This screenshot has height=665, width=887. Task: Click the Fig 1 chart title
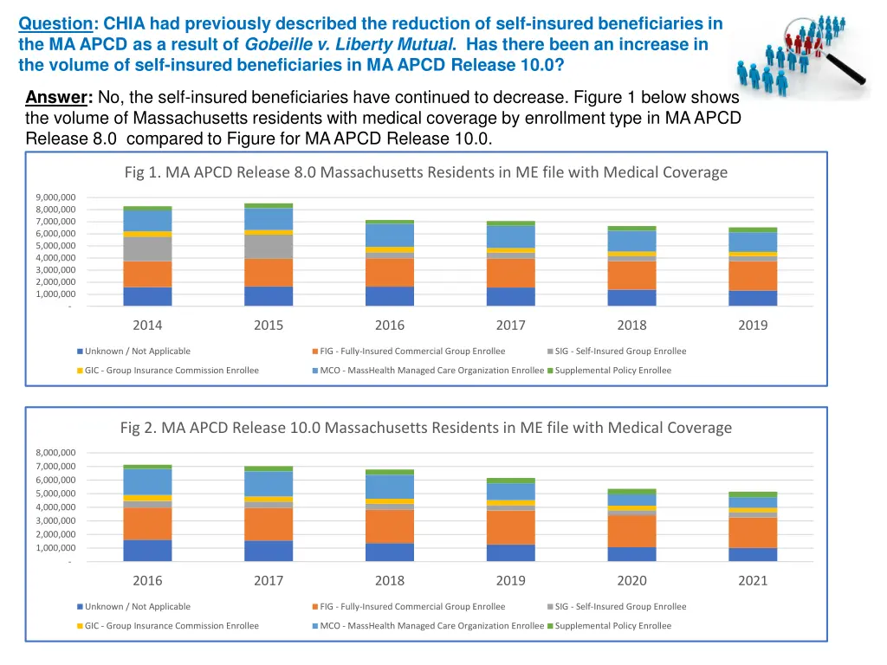coord(425,172)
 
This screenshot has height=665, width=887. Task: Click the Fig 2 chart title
coord(425,428)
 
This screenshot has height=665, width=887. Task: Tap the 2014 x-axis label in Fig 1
coord(147,326)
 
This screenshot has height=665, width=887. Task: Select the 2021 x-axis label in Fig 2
coord(753,581)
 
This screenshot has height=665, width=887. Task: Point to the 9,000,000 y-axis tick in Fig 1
coord(56,198)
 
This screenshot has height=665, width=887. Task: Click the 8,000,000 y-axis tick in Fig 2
coord(56,453)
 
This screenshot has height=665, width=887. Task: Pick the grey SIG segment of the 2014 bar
coord(147,249)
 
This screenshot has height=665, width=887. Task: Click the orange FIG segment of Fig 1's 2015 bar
coord(269,273)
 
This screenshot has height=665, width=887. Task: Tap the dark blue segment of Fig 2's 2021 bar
coord(753,554)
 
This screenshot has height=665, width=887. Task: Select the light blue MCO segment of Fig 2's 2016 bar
coord(147,481)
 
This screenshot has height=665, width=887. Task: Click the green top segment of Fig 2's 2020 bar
coord(631,491)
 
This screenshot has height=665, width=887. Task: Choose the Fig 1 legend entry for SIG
coord(619,352)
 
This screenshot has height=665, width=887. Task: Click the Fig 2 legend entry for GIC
coord(171,626)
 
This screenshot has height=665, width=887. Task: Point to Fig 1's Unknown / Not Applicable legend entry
coord(137,352)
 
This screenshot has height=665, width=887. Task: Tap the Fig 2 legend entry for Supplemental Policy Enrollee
coord(612,626)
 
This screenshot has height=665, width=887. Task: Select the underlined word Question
coord(55,23)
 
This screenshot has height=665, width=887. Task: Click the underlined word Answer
coord(59,97)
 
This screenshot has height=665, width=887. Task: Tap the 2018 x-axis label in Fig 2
coord(390,581)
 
